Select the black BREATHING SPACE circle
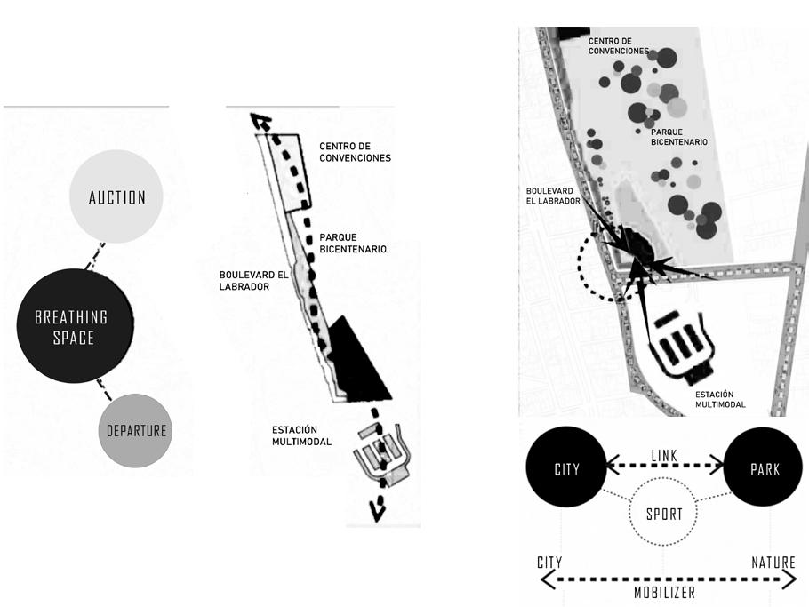pos(75,325)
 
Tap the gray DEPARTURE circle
pos(136,430)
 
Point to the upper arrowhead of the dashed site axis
pos(259,123)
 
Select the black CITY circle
pos(566,468)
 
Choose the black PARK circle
pos(764,468)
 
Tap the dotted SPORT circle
pos(664,514)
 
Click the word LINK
pos(663,456)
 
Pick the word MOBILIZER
pos(664,592)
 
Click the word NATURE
pos(773,563)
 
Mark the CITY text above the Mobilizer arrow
pos(550,563)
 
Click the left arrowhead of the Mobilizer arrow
pos(543,579)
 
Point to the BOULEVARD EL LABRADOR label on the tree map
pos(553,196)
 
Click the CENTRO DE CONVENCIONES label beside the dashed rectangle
pos(356,152)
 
